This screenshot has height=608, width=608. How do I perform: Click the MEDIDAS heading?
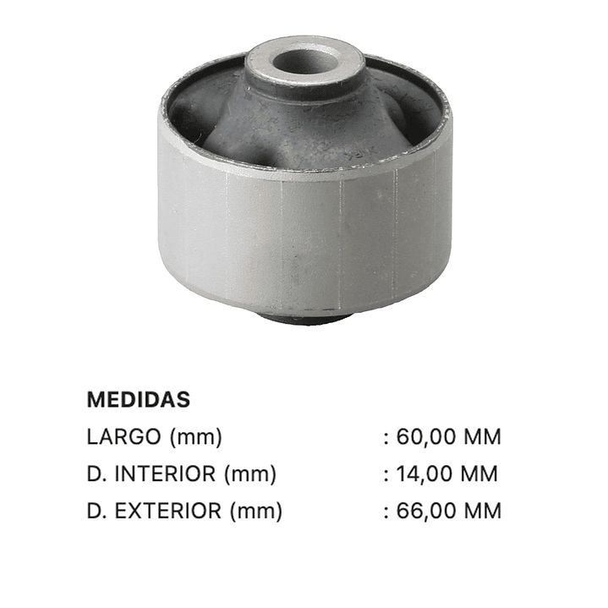139,399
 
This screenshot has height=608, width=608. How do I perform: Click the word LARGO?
123,436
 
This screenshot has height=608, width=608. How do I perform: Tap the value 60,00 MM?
449,436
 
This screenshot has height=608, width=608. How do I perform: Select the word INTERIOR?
165,474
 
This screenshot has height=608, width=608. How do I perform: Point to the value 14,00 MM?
446,474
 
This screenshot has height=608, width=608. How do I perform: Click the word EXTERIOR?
168,511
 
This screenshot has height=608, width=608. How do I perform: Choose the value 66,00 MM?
449,511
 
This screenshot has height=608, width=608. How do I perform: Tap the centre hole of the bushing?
304,61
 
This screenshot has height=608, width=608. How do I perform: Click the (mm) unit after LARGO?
196,437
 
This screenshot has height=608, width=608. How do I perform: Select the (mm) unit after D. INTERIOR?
250,474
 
